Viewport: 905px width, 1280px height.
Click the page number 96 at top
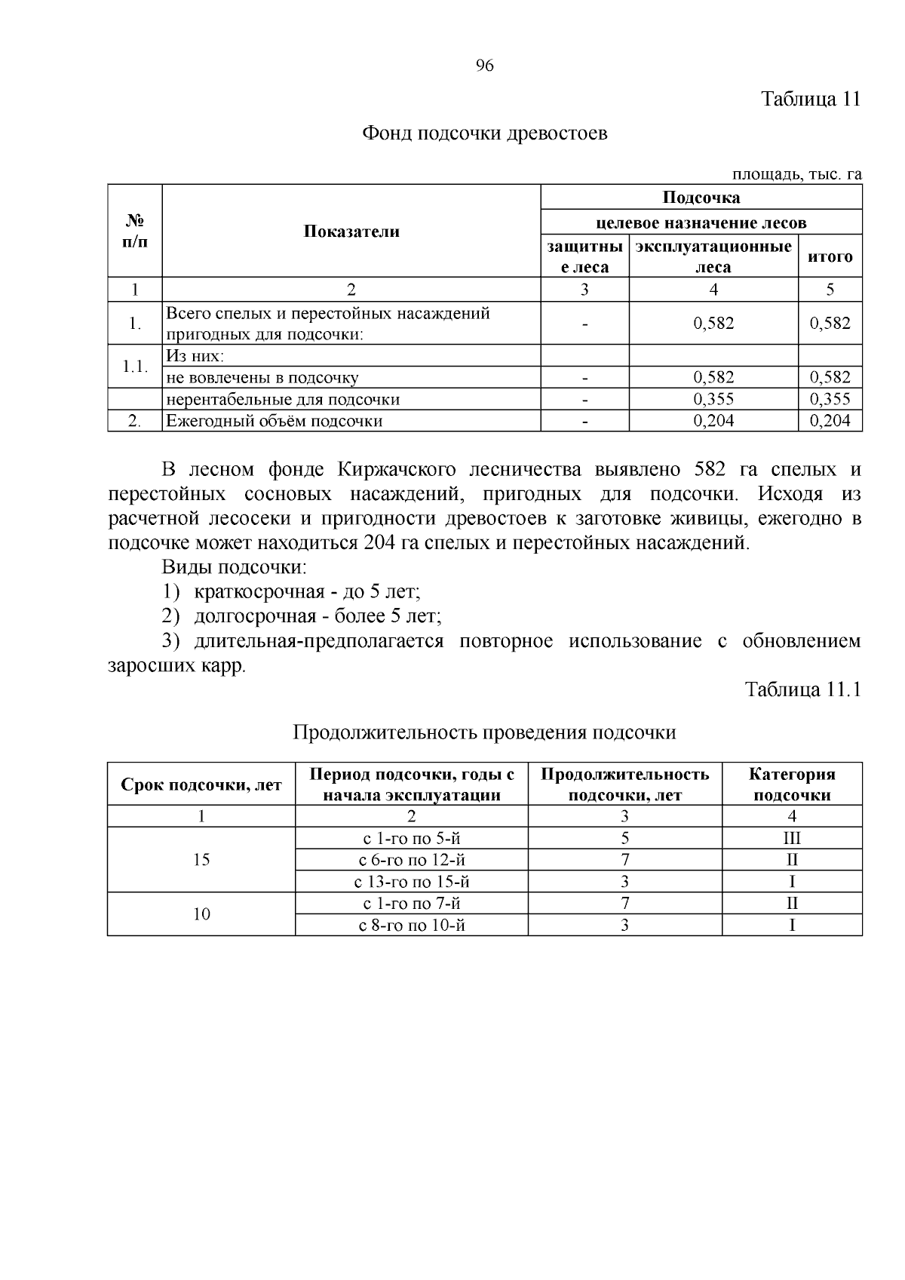coord(485,66)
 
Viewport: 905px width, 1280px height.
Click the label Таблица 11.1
coord(802,689)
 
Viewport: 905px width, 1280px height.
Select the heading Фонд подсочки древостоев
coord(484,134)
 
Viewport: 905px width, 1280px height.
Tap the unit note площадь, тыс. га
coord(796,174)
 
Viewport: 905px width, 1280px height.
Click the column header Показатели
coord(351,232)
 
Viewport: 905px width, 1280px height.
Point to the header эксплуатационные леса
coord(713,256)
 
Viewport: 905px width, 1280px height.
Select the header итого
coord(830,256)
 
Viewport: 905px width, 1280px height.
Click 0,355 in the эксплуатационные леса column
coord(713,399)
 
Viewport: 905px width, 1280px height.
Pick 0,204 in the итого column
coord(830,421)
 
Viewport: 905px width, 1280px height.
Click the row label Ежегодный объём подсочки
coord(275,421)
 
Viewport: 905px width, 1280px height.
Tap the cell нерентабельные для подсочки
coord(283,399)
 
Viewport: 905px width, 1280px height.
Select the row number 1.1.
coord(135,367)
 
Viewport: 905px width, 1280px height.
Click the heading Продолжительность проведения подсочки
coord(484,732)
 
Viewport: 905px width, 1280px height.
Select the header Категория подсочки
coord(792,784)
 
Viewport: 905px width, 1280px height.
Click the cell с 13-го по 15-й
coord(411,882)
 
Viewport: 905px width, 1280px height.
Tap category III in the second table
coord(792,838)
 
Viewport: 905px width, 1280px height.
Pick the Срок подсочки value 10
coord(201,914)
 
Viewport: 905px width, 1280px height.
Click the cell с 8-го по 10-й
coord(411,925)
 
